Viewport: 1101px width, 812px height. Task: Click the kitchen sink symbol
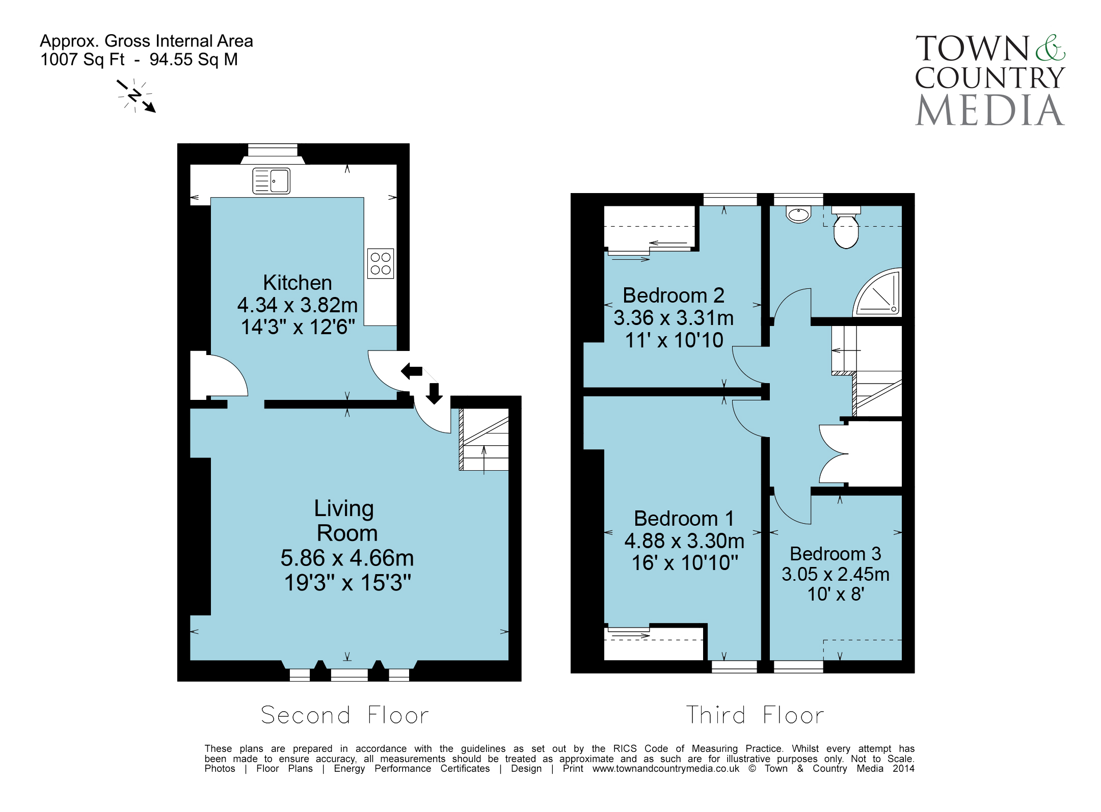click(271, 181)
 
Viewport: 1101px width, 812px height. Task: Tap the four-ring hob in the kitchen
click(381, 263)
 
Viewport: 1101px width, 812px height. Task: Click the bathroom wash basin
click(798, 214)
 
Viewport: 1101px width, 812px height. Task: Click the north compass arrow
click(136, 96)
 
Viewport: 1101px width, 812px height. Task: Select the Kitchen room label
click(298, 283)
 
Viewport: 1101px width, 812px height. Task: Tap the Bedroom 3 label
click(836, 554)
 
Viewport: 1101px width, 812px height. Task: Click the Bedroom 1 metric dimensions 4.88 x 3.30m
click(684, 541)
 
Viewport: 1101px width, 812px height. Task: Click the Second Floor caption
click(345, 715)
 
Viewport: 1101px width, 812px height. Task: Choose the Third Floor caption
click(755, 715)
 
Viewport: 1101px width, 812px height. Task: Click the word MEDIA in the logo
click(990, 110)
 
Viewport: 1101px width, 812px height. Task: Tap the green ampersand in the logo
click(1050, 48)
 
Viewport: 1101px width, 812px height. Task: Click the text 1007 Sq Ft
click(83, 60)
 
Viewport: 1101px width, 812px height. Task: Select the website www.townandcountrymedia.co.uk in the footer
click(665, 769)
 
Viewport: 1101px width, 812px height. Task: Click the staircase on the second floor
click(484, 439)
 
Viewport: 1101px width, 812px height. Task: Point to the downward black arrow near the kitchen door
click(434, 393)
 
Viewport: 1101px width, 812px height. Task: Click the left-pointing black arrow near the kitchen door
click(412, 371)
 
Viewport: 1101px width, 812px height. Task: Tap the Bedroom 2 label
click(674, 295)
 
